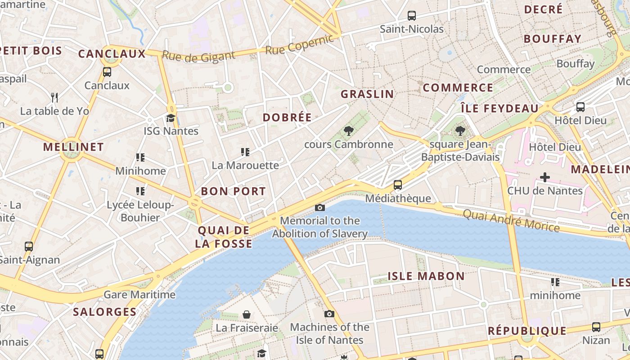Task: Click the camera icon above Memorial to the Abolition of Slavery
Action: (x=320, y=207)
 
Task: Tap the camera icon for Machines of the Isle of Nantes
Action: (x=329, y=314)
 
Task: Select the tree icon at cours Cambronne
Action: (x=348, y=131)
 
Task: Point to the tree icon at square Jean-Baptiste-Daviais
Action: (x=460, y=131)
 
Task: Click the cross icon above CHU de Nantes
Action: (x=544, y=177)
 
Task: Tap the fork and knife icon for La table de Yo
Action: (x=54, y=97)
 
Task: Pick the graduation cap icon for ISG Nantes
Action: (x=171, y=118)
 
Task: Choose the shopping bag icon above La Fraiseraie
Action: (x=247, y=314)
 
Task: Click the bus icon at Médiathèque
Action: (x=398, y=185)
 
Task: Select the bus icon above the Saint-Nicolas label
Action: (x=411, y=16)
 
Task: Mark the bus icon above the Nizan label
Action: (x=596, y=327)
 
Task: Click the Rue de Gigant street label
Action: (x=198, y=56)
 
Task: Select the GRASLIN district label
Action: (x=367, y=94)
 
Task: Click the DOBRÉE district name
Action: (x=287, y=117)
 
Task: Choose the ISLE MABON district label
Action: (x=426, y=276)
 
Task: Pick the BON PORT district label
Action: (x=233, y=191)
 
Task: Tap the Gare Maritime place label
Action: (x=139, y=295)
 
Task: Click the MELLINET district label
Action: (x=73, y=147)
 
